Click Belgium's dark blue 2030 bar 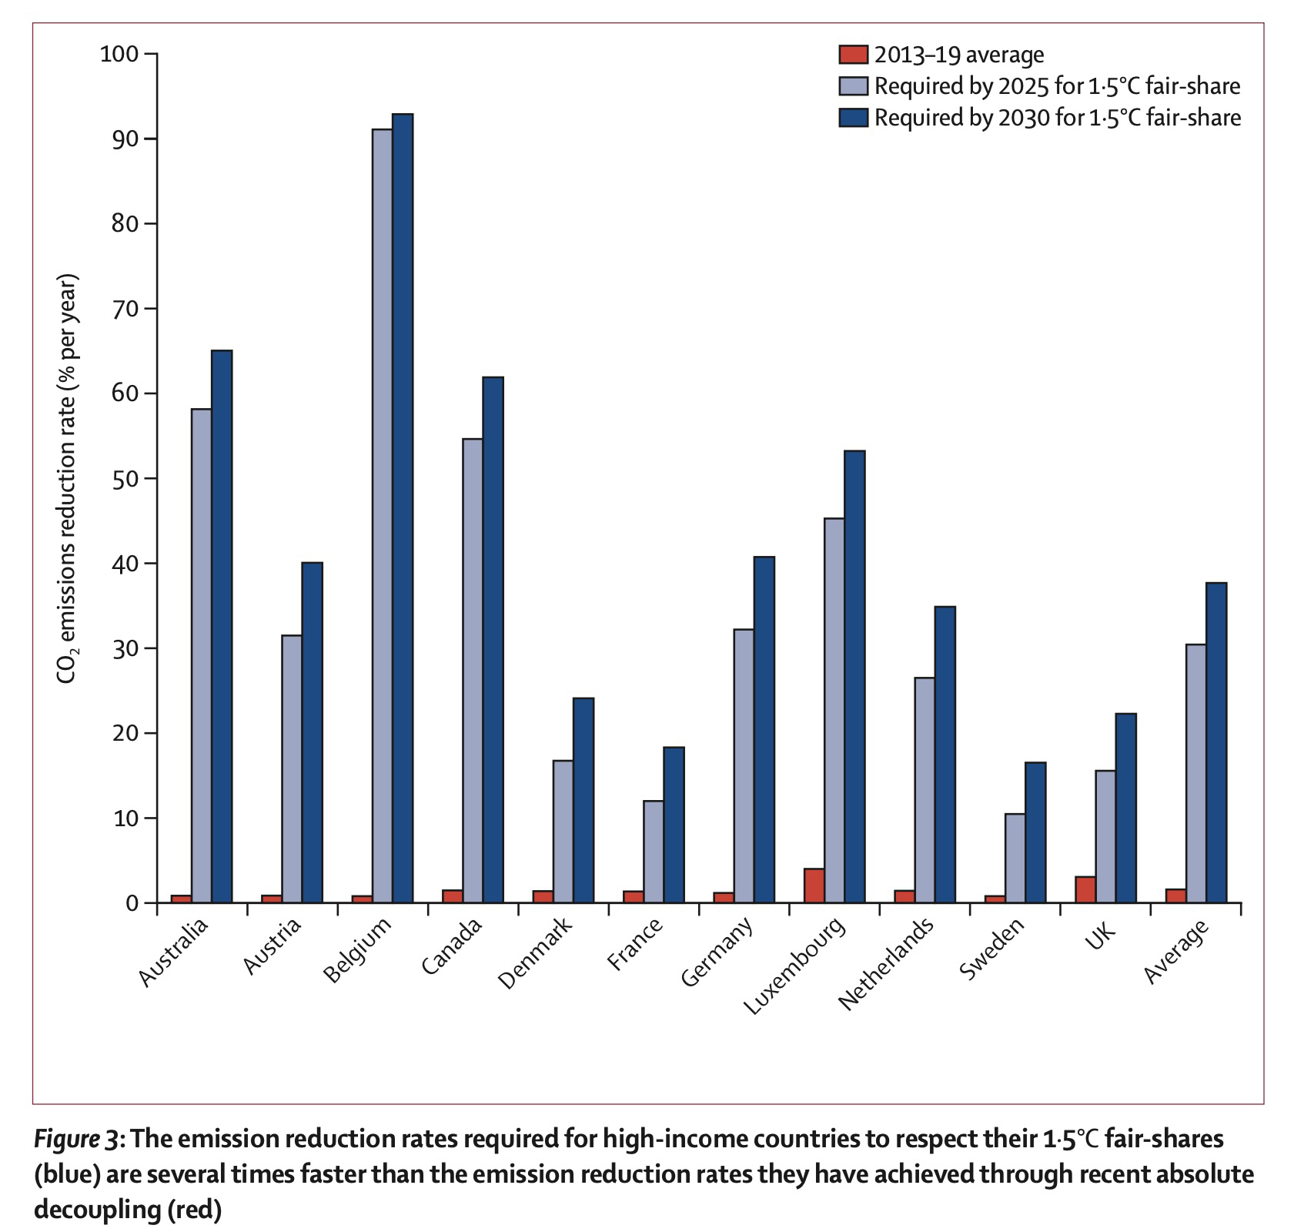(403, 508)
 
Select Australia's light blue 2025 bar (202, 655)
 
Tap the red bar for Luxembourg (814, 885)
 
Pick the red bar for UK (1085, 889)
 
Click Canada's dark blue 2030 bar (493, 639)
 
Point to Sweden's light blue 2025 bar (1015, 858)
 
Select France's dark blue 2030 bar (674, 825)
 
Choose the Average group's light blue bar (1195, 773)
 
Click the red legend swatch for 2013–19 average (853, 55)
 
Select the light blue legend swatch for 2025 (853, 86)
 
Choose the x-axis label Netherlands (887, 963)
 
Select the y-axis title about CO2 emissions (68, 478)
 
